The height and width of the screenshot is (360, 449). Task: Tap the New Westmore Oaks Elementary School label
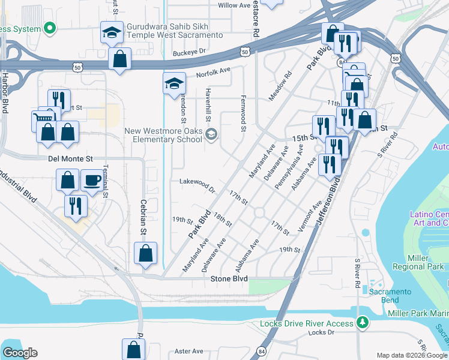pyautogui.click(x=163, y=135)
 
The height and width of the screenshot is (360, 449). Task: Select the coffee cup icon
pyautogui.click(x=92, y=179)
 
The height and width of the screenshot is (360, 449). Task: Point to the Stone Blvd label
pyautogui.click(x=229, y=279)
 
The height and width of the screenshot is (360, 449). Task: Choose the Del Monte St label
pyautogui.click(x=70, y=159)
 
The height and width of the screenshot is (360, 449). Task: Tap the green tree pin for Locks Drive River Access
pyautogui.click(x=361, y=323)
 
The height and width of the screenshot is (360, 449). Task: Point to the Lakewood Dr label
pyautogui.click(x=197, y=185)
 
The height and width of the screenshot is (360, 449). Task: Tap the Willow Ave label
pyautogui.click(x=234, y=5)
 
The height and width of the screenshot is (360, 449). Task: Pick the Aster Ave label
pyautogui.click(x=188, y=351)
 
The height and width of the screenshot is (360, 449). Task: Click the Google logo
pyautogui.click(x=20, y=352)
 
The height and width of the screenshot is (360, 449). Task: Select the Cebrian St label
pyautogui.click(x=143, y=217)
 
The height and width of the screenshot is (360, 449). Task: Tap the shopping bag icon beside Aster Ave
pyautogui.click(x=133, y=349)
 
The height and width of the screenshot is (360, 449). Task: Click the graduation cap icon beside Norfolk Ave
pyautogui.click(x=173, y=83)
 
